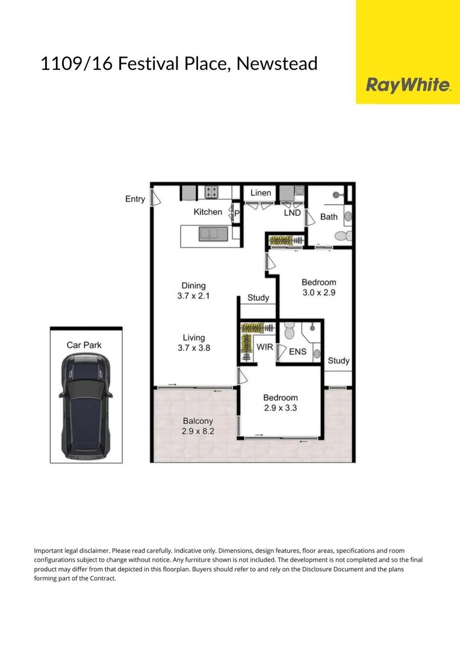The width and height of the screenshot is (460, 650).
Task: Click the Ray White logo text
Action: tap(408, 85)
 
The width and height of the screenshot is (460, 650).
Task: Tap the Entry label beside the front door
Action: tap(135, 199)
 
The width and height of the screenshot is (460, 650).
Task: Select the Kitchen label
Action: tap(208, 212)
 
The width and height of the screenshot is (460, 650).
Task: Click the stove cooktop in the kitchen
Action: tap(211, 192)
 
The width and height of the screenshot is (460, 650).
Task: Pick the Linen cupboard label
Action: tap(261, 193)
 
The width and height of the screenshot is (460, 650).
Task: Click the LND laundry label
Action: tap(292, 212)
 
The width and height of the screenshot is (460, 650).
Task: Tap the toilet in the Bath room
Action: tap(341, 236)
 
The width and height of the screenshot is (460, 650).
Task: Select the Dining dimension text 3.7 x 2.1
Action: tap(193, 296)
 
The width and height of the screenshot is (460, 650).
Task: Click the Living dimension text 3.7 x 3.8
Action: tap(194, 348)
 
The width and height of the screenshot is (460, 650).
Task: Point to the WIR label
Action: tap(265, 347)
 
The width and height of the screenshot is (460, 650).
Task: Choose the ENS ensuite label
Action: tap(297, 351)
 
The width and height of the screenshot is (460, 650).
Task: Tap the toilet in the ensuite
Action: tap(288, 330)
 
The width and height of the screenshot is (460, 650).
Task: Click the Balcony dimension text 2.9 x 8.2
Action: tap(197, 431)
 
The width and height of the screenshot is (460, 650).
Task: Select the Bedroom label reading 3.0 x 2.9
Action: tap(319, 292)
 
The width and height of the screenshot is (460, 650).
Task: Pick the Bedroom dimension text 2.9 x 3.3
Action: tap(280, 407)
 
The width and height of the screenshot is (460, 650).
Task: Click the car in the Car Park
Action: tap(85, 404)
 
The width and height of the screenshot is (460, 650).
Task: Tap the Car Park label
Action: tap(84, 345)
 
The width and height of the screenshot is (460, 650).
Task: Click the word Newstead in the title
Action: tap(277, 63)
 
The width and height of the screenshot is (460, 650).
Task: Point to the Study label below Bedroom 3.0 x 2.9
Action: tap(338, 361)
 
